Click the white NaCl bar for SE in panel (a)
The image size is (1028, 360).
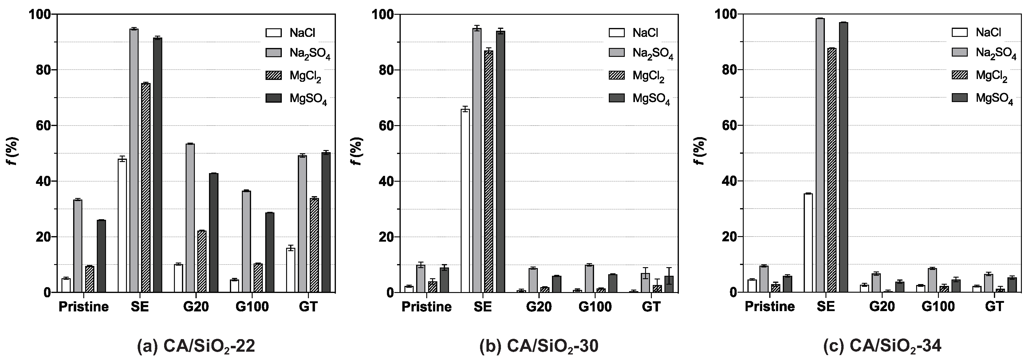click(x=122, y=225)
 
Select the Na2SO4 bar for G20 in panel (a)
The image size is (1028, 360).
click(x=190, y=218)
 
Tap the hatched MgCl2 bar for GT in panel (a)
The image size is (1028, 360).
click(x=314, y=245)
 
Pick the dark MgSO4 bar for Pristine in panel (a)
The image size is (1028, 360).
click(x=101, y=256)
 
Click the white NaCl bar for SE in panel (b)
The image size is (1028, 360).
click(x=465, y=200)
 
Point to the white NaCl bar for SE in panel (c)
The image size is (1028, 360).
click(x=808, y=243)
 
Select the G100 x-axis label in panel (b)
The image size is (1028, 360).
click(x=595, y=307)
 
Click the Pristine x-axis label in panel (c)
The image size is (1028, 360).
click(x=770, y=307)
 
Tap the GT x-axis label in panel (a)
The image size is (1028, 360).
click(x=308, y=307)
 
